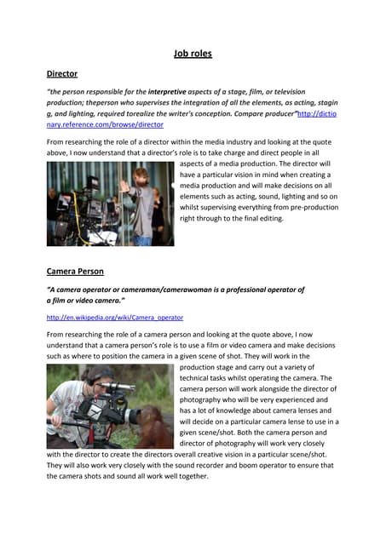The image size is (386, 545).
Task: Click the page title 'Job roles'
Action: pyautogui.click(x=193, y=54)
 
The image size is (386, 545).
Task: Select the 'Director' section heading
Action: pyautogui.click(x=61, y=74)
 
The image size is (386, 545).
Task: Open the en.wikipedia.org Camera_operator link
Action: pyautogui.click(x=115, y=317)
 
